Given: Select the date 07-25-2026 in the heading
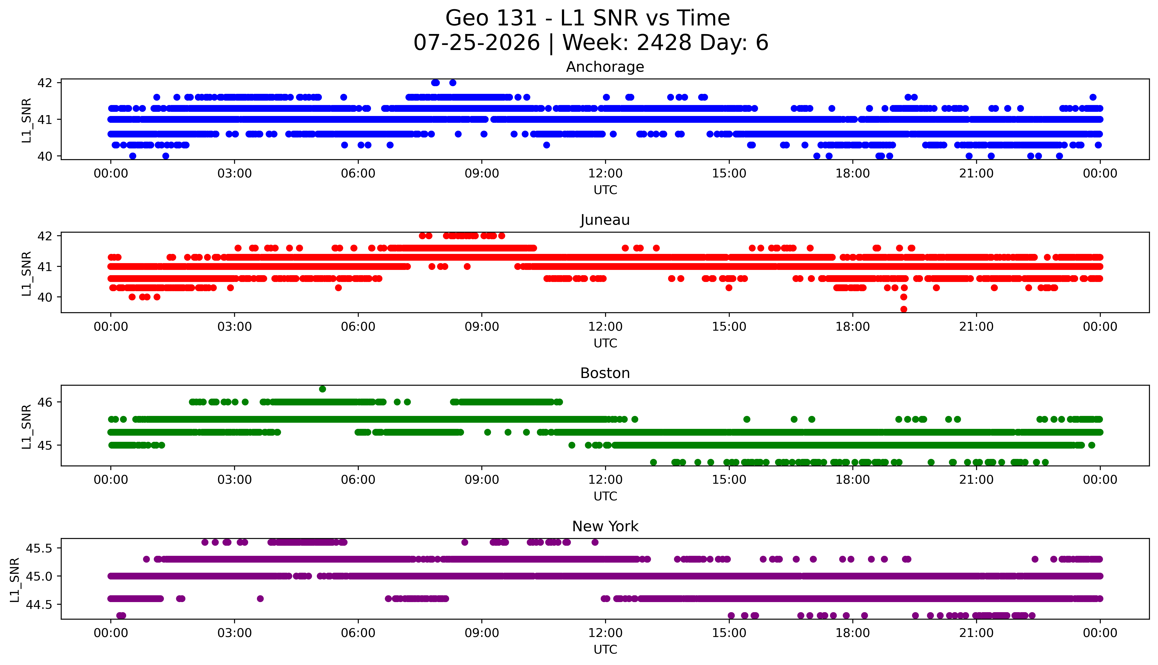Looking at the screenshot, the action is [x=477, y=43].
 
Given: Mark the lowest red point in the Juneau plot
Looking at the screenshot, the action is [x=903, y=309].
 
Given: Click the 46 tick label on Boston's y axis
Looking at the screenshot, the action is [x=46, y=402].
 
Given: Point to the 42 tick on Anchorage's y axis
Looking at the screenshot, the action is [x=46, y=83].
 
